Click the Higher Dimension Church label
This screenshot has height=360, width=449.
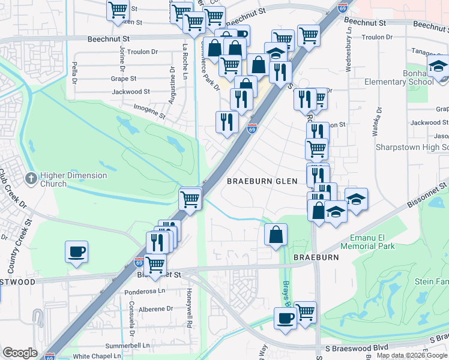(x=73, y=179)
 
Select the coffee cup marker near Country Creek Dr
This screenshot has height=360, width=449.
(x=76, y=252)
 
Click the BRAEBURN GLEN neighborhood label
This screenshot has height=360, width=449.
(x=262, y=181)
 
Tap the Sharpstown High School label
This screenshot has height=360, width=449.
(x=412, y=147)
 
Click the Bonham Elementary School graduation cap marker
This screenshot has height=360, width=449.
(x=439, y=65)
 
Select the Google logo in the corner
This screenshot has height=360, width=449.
(x=19, y=353)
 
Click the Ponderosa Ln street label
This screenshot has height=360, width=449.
(x=145, y=290)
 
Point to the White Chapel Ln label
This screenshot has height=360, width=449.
(x=97, y=356)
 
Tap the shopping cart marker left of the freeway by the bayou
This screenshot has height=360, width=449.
(x=190, y=198)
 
